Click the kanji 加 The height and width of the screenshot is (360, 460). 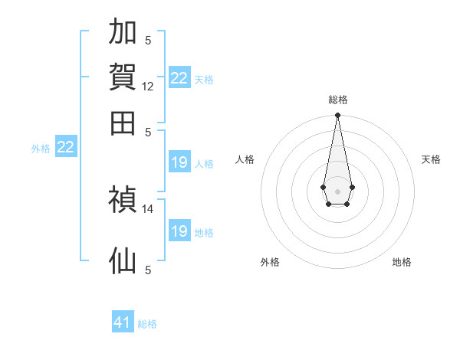[123, 31]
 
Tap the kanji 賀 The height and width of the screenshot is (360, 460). [123, 77]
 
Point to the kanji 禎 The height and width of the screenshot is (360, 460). [123, 199]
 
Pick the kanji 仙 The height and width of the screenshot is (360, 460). [123, 260]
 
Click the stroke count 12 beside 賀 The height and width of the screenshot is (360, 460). [147, 87]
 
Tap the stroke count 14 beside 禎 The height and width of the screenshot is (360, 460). [147, 209]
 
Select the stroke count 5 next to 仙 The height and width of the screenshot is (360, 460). [148, 270]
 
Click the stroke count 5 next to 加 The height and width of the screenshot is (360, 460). [148, 40]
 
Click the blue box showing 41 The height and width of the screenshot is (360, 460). [123, 321]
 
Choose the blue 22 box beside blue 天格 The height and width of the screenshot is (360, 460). [179, 77]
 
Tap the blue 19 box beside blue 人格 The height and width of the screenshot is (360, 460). [179, 162]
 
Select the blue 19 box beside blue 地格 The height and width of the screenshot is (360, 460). [179, 230]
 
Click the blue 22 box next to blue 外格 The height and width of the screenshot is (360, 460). [66, 146]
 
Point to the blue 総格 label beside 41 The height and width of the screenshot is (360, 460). [147, 324]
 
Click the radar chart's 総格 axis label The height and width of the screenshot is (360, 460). [338, 100]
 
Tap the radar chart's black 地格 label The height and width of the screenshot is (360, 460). [402, 262]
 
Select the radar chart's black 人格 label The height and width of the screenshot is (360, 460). [245, 159]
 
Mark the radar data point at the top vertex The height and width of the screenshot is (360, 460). [337, 115]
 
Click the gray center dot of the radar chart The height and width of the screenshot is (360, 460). [337, 191]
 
